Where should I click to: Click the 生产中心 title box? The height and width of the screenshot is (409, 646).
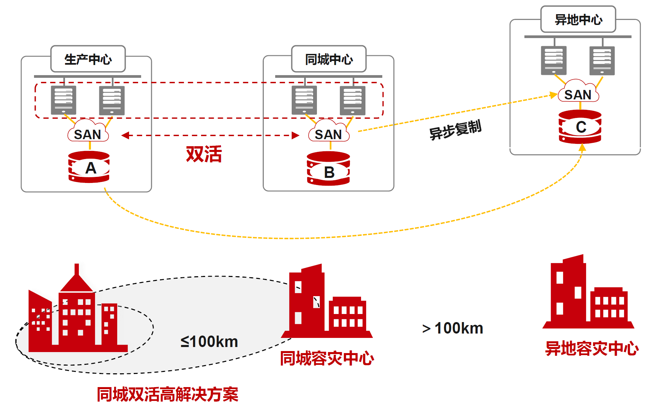point(88,59)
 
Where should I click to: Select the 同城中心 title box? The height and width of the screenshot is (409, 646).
point(329,59)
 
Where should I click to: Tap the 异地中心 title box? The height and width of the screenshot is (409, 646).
point(578,20)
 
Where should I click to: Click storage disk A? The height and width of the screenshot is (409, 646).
point(89,167)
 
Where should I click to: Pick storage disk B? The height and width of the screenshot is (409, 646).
point(328,168)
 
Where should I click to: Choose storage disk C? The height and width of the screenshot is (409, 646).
point(580,127)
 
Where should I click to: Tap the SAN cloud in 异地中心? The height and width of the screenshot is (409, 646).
point(578,93)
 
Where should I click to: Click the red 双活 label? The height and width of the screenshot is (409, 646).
point(204,154)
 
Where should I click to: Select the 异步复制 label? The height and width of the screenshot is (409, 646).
point(455,129)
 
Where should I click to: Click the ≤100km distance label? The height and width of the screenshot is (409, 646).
point(209,342)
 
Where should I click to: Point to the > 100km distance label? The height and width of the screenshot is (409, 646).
point(453,328)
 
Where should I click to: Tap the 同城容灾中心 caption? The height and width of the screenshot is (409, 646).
point(327,358)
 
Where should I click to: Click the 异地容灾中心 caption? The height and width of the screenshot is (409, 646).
point(591,348)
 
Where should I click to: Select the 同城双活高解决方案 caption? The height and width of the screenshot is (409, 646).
point(167,394)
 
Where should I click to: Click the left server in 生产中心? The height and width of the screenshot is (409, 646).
point(64,100)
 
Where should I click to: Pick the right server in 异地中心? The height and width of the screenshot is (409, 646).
point(602,61)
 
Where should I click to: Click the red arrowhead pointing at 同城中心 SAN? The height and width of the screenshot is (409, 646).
point(295,135)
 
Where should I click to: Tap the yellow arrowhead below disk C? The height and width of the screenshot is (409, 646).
point(582,148)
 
